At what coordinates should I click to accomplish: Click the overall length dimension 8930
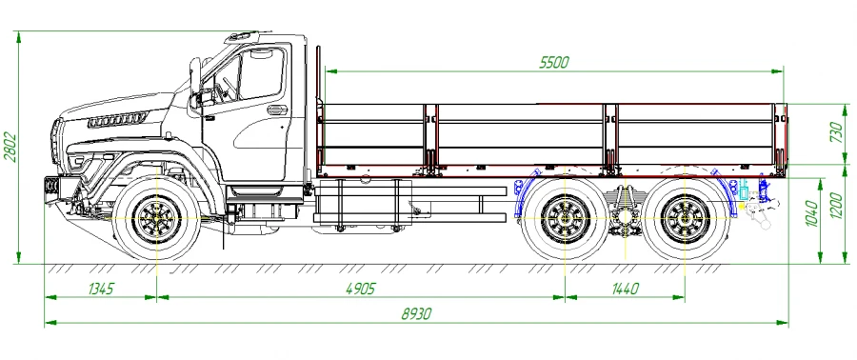pyautogui.click(x=416, y=313)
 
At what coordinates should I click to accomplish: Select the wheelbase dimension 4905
pyautogui.click(x=361, y=289)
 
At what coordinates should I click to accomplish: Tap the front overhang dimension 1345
pyautogui.click(x=101, y=289)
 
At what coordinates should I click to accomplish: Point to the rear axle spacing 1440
pyautogui.click(x=625, y=289)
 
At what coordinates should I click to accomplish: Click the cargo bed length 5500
pyautogui.click(x=554, y=62)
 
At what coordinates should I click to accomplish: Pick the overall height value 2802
pyautogui.click(x=10, y=147)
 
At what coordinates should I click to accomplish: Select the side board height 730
pyautogui.click(x=837, y=132)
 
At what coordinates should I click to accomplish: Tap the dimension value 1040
pyautogui.click(x=811, y=214)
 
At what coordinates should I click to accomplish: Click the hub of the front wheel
pyautogui.click(x=157, y=218)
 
